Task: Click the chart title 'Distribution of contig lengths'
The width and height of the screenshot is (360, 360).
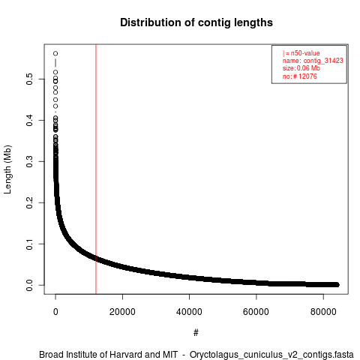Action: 196,22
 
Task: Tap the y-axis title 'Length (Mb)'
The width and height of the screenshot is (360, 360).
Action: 7,169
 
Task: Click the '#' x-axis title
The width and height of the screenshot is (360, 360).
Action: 196,333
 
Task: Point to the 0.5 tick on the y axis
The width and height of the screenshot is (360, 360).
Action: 29,79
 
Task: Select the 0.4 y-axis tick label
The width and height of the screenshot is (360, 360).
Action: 29,120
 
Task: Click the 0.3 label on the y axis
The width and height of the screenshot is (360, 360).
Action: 29,161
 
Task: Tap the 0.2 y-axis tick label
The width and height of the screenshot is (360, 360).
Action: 29,202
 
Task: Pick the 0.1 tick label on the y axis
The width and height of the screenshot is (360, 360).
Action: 29,244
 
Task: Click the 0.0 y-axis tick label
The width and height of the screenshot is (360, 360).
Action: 29,285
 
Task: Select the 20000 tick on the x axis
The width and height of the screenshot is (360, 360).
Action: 122,312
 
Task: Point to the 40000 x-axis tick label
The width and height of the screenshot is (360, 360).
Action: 189,312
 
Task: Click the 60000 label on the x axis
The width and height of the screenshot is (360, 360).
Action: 256,312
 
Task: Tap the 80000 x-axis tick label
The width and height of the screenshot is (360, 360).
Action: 323,312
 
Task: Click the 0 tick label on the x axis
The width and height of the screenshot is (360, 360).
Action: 55,312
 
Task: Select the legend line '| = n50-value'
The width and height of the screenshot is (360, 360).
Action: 301,53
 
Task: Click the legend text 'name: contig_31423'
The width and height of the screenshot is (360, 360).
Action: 313,61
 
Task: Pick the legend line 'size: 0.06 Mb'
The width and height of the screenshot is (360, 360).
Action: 301,68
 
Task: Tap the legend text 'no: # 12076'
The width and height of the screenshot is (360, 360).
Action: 300,76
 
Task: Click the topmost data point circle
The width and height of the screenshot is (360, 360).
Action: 55,53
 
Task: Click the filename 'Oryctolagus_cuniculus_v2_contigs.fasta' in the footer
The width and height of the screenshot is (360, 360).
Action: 271,355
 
